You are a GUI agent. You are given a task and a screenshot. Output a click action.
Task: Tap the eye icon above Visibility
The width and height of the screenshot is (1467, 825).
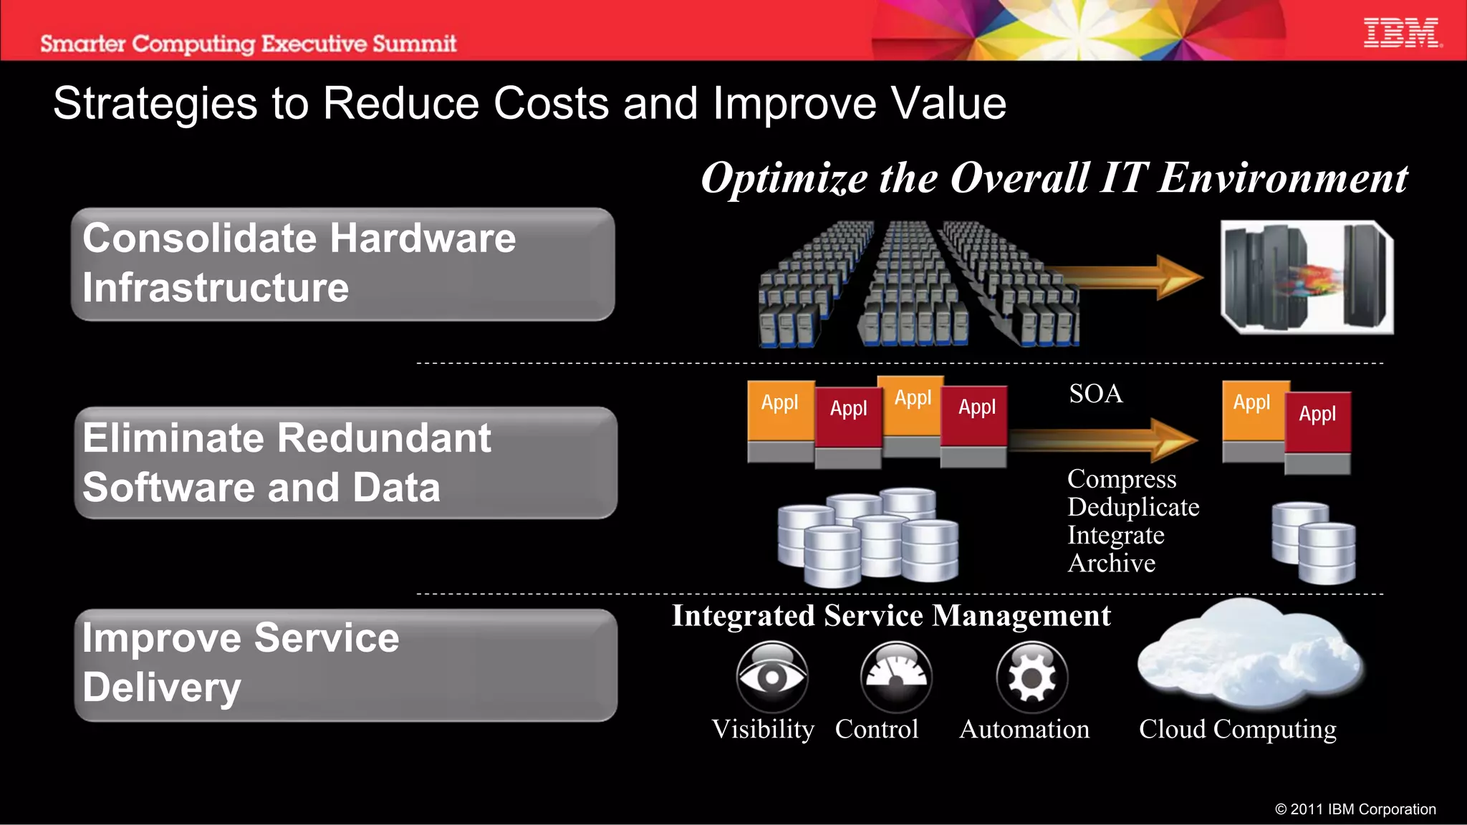pos(772,676)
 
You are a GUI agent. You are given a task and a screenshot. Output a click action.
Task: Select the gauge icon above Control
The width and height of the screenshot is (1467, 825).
pos(896,676)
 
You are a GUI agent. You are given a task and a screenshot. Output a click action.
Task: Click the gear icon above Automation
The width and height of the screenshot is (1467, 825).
pos(1031,676)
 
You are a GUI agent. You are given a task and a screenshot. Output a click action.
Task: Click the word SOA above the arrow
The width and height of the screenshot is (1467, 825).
pos(1095,394)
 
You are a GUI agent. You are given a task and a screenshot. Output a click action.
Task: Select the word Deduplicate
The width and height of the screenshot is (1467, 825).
pos(1133,507)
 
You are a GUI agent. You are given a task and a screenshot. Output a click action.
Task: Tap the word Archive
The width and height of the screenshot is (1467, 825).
pos(1111,564)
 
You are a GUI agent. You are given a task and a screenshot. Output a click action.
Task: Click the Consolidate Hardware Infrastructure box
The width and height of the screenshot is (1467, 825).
pos(343,264)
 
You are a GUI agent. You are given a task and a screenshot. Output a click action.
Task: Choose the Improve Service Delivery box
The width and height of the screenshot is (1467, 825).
pos(346,665)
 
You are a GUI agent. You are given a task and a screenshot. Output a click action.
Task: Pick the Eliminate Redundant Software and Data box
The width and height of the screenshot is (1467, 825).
pos(346,463)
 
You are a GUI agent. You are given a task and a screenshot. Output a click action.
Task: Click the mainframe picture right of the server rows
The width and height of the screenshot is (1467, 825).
pos(1307,277)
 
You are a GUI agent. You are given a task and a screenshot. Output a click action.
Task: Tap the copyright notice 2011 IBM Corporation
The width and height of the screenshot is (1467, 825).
pos(1355,809)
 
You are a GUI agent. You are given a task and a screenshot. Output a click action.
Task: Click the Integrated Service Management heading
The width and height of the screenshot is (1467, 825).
pos(891,616)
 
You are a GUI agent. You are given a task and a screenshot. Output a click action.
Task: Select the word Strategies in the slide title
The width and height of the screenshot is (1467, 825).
pos(155,104)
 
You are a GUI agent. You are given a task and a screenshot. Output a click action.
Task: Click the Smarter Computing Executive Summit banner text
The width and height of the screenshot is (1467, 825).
pos(248,44)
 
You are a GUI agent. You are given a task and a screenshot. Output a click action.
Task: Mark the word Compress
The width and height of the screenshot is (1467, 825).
pos(1122,479)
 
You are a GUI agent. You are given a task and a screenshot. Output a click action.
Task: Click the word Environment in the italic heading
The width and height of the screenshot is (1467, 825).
pos(1283,178)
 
